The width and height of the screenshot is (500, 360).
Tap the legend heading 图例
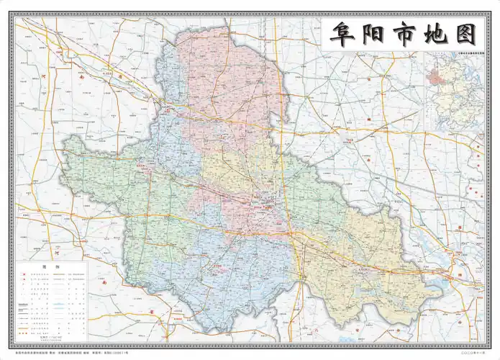click(49, 266)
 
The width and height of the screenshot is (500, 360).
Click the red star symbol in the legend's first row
click(24, 274)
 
